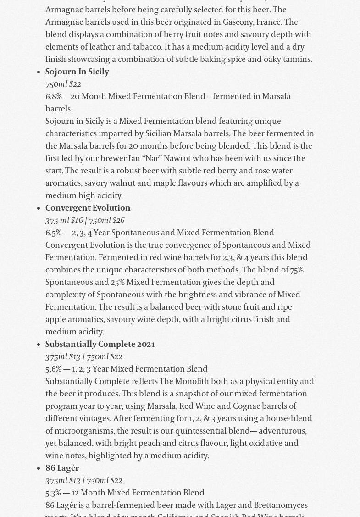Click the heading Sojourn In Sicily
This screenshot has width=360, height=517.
[77, 72]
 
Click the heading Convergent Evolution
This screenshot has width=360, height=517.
[88, 208]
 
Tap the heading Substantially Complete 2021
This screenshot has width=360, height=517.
[100, 345]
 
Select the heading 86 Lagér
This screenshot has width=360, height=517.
[62, 468]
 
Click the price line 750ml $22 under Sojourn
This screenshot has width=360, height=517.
[63, 84]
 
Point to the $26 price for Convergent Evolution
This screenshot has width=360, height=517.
[118, 221]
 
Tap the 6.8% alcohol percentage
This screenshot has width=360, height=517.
[53, 97]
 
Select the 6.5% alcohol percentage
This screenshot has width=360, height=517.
[53, 233]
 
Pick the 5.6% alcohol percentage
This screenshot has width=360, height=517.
[53, 369]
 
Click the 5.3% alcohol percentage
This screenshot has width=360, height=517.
[53, 493]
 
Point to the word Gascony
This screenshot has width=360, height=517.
[238, 22]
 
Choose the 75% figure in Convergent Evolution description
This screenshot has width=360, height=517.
[296, 270]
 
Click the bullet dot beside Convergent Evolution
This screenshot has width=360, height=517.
[38, 209]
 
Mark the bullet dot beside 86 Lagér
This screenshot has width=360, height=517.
[38, 469]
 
